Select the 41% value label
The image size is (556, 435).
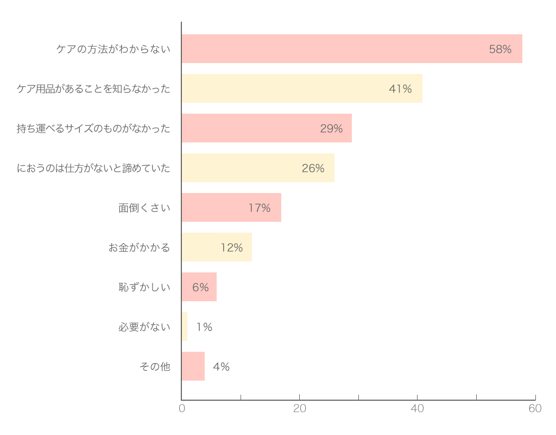pyautogui.click(x=400, y=89)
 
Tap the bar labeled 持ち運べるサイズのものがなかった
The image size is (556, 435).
pyautogui.click(x=267, y=128)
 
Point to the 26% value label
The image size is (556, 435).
pyautogui.click(x=313, y=168)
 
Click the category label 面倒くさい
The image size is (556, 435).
pyautogui.click(x=144, y=208)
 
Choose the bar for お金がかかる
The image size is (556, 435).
pyautogui.click(x=217, y=247)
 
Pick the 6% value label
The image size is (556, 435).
pyautogui.click(x=200, y=287)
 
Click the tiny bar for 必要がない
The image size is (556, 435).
pyautogui.click(x=185, y=327)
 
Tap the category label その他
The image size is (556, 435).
pyautogui.click(x=155, y=366)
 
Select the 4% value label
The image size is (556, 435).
pyautogui.click(x=221, y=366)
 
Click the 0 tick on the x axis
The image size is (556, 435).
pyautogui.click(x=182, y=408)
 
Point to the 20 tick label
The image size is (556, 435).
pyautogui.click(x=300, y=408)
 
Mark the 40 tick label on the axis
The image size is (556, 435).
pyautogui.click(x=417, y=408)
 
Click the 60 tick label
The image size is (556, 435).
pyautogui.click(x=535, y=408)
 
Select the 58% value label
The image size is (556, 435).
pyautogui.click(x=500, y=49)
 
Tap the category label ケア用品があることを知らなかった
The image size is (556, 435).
pyautogui.click(x=93, y=89)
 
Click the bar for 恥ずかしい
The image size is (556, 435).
pyautogui.click(x=199, y=287)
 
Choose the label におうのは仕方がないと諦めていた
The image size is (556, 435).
pyautogui.click(x=93, y=168)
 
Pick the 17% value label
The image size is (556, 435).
pyautogui.click(x=259, y=208)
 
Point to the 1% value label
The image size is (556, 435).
pyautogui.click(x=204, y=327)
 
